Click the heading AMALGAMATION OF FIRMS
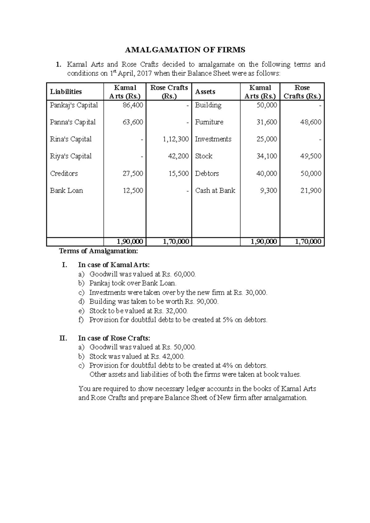pos(185,50)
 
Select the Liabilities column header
pos(66,91)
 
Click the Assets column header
pos(205,91)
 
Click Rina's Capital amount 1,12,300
pos(176,139)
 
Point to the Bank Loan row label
pos(66,191)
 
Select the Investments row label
pos(213,139)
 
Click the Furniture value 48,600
pos(311,122)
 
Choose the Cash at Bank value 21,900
pos(311,191)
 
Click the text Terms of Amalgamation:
pos(99,251)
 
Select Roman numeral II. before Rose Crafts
pos(63,338)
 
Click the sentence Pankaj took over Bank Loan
pos(133,283)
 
